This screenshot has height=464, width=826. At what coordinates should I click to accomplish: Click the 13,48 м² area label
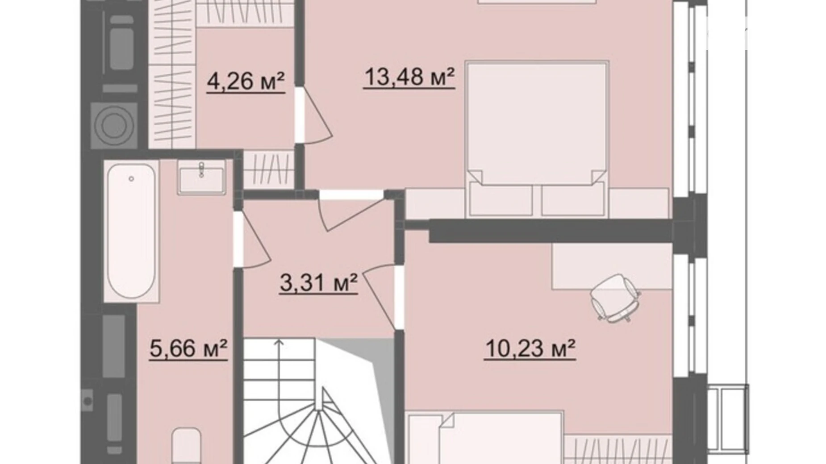coord(409,77)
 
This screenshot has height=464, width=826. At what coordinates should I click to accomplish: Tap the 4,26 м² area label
coord(246,82)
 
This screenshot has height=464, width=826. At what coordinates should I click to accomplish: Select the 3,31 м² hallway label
coord(318,282)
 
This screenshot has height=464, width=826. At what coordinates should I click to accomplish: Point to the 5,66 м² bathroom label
coord(188,348)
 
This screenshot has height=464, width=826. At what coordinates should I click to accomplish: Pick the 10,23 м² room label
coord(530,348)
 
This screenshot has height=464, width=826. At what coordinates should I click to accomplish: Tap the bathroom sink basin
coord(201,177)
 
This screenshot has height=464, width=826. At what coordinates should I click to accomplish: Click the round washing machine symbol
coord(114,125)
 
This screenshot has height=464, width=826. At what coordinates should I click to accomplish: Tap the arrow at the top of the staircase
coord(279,343)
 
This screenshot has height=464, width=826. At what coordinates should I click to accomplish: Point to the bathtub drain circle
coord(131,178)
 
